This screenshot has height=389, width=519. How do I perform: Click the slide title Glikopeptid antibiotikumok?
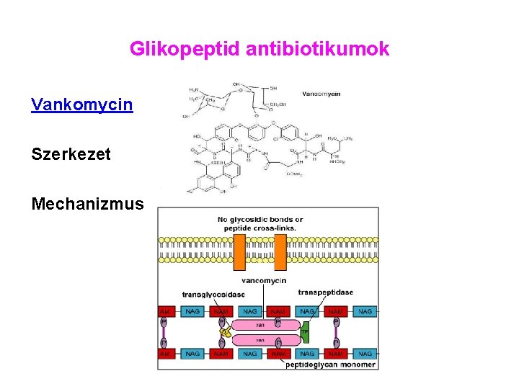[259, 49]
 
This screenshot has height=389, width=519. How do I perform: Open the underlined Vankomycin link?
[81, 105]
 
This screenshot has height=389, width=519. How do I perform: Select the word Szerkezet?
[71, 154]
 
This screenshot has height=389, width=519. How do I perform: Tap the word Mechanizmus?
[88, 203]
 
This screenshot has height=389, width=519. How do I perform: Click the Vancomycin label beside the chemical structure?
[321, 94]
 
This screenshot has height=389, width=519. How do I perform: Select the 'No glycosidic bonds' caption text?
[259, 223]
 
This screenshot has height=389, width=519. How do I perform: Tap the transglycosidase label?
[213, 294]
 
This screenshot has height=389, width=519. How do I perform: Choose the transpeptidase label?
[325, 292]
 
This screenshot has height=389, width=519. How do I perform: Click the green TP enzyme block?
[304, 332]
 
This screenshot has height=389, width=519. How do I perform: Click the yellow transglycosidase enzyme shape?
[226, 332]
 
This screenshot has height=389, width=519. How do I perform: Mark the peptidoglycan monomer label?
[330, 365]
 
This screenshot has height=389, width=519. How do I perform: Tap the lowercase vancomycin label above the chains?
[264, 280]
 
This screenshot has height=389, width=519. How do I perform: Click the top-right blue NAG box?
[365, 311]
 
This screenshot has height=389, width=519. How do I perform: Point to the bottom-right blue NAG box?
[365, 354]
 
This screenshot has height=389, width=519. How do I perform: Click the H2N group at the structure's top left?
[194, 89]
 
